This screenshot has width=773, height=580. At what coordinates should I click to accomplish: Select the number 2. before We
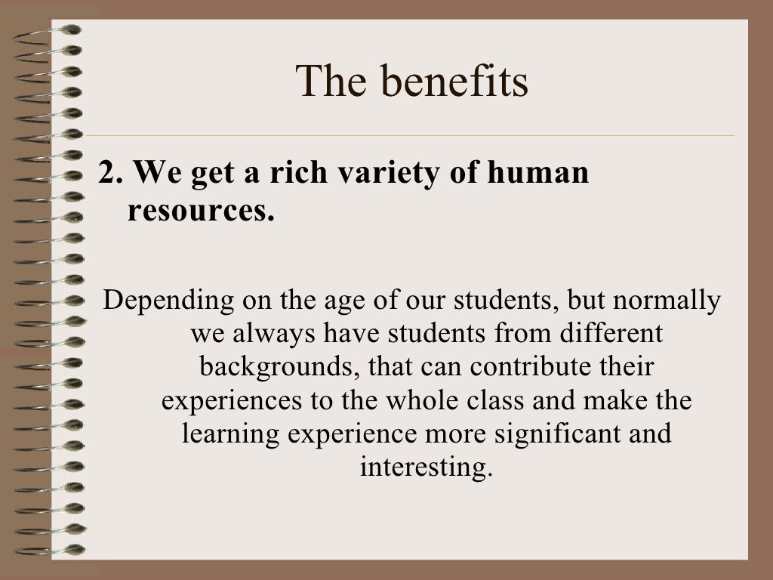110,173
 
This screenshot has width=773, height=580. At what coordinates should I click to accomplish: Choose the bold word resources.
200,211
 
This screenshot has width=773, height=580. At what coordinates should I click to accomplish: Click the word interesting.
426,467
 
